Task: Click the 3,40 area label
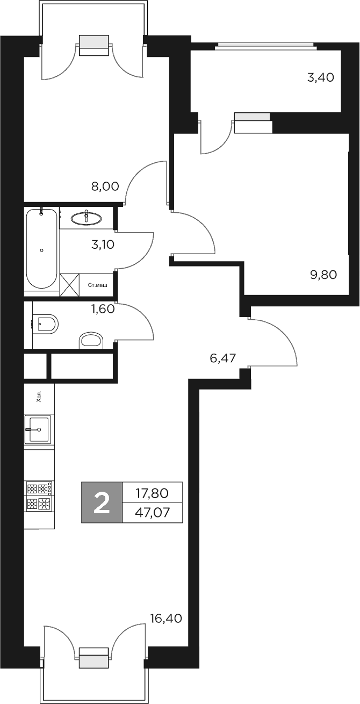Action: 320,77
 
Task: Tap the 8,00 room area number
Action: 104,187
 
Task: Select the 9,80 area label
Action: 323,275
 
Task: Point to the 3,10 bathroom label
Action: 103,245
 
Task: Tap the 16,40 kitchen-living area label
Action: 166,619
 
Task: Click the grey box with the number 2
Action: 102,502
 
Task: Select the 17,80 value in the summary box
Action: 153,492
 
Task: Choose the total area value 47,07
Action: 153,512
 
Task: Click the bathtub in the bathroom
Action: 41,249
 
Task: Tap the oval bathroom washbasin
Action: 86,218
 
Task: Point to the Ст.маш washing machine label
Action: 97,284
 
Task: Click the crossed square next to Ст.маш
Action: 69,284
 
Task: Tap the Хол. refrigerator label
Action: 39,398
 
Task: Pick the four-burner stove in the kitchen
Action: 39,496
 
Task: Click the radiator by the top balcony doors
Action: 94,45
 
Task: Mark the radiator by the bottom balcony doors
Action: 94,658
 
